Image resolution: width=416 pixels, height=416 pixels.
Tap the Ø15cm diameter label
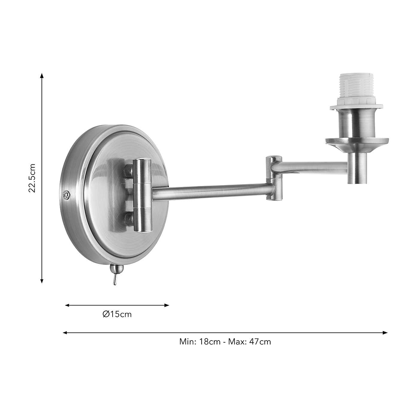117,314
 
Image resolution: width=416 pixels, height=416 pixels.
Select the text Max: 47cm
249,342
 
